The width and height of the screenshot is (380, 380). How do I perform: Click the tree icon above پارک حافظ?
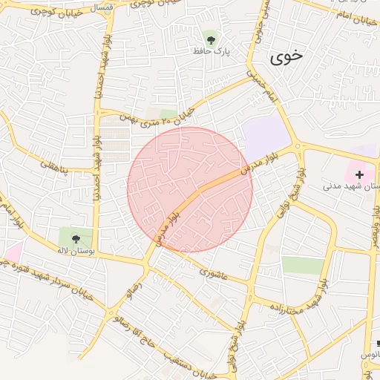(x=212, y=38)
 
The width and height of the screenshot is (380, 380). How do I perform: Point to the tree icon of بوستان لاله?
(x=76, y=238)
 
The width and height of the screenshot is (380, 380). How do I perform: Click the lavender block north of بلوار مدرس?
(x=265, y=136)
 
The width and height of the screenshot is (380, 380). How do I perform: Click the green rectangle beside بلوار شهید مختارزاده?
(x=303, y=265)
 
